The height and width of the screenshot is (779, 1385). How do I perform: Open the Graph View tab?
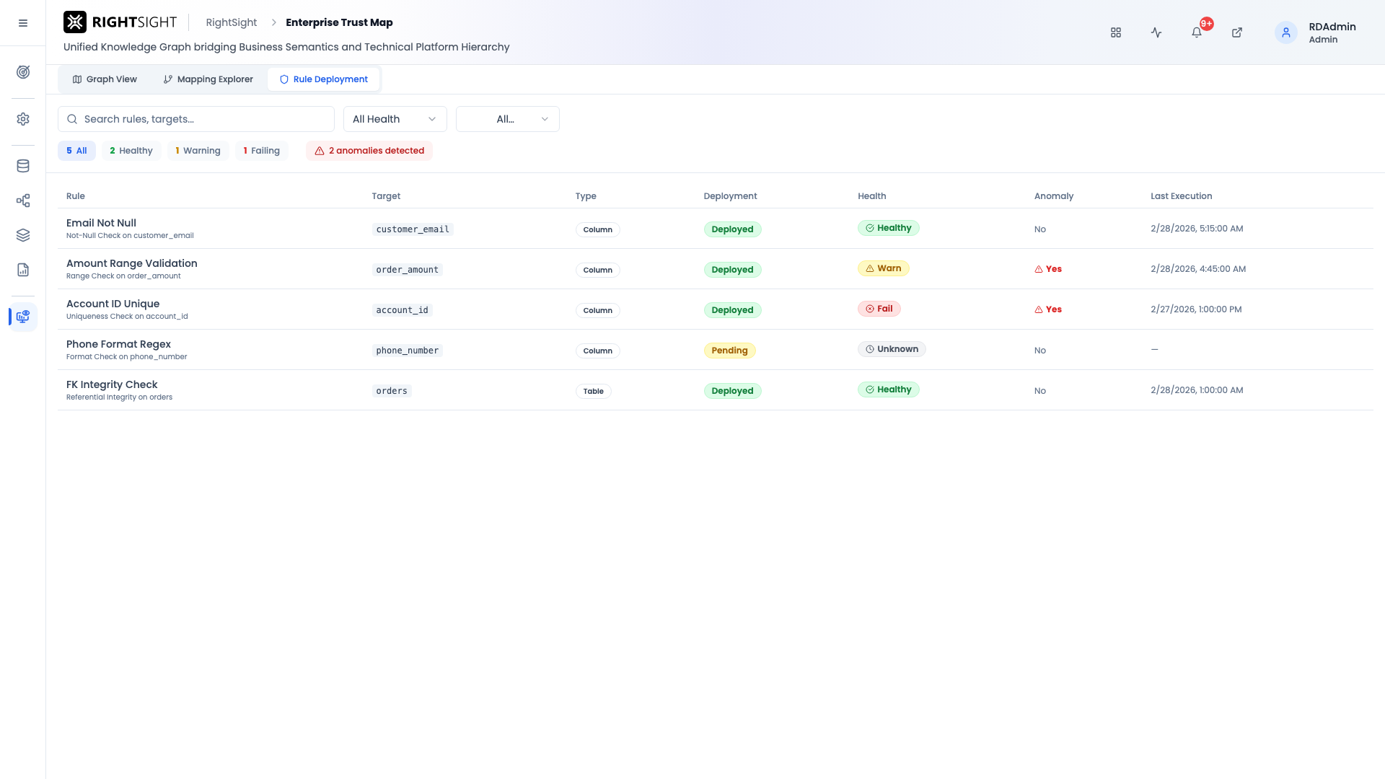coord(105,79)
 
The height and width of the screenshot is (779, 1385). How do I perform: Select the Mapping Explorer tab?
coord(208,79)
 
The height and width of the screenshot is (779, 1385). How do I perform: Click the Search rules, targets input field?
coord(196,119)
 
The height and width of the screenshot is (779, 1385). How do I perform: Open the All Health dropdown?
coord(395,119)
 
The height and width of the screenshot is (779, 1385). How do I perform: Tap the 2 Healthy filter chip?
coord(131,151)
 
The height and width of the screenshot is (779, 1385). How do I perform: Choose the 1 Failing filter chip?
coord(261,151)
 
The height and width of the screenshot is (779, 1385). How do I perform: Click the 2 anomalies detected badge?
coord(369,151)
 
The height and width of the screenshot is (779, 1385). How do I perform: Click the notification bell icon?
coord(1197,32)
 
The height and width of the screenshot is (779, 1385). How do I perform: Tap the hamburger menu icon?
coord(23,23)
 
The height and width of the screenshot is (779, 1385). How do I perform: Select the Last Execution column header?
coord(1181,196)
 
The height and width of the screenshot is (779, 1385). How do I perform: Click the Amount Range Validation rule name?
coord(132,263)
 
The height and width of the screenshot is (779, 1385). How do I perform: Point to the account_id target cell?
coord(403,310)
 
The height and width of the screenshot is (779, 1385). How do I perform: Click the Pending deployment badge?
coord(729,351)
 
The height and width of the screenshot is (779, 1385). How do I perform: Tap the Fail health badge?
coord(879,309)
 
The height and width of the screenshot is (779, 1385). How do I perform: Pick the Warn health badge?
coord(884,268)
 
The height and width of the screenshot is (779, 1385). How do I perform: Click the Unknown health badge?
coord(892,349)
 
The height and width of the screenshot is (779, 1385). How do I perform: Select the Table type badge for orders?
coord(594,391)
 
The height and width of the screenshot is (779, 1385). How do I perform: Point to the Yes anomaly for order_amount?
coord(1048,269)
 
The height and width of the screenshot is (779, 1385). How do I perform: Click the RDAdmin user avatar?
coord(1286,32)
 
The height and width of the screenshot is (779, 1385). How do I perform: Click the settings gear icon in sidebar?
coord(23,119)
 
